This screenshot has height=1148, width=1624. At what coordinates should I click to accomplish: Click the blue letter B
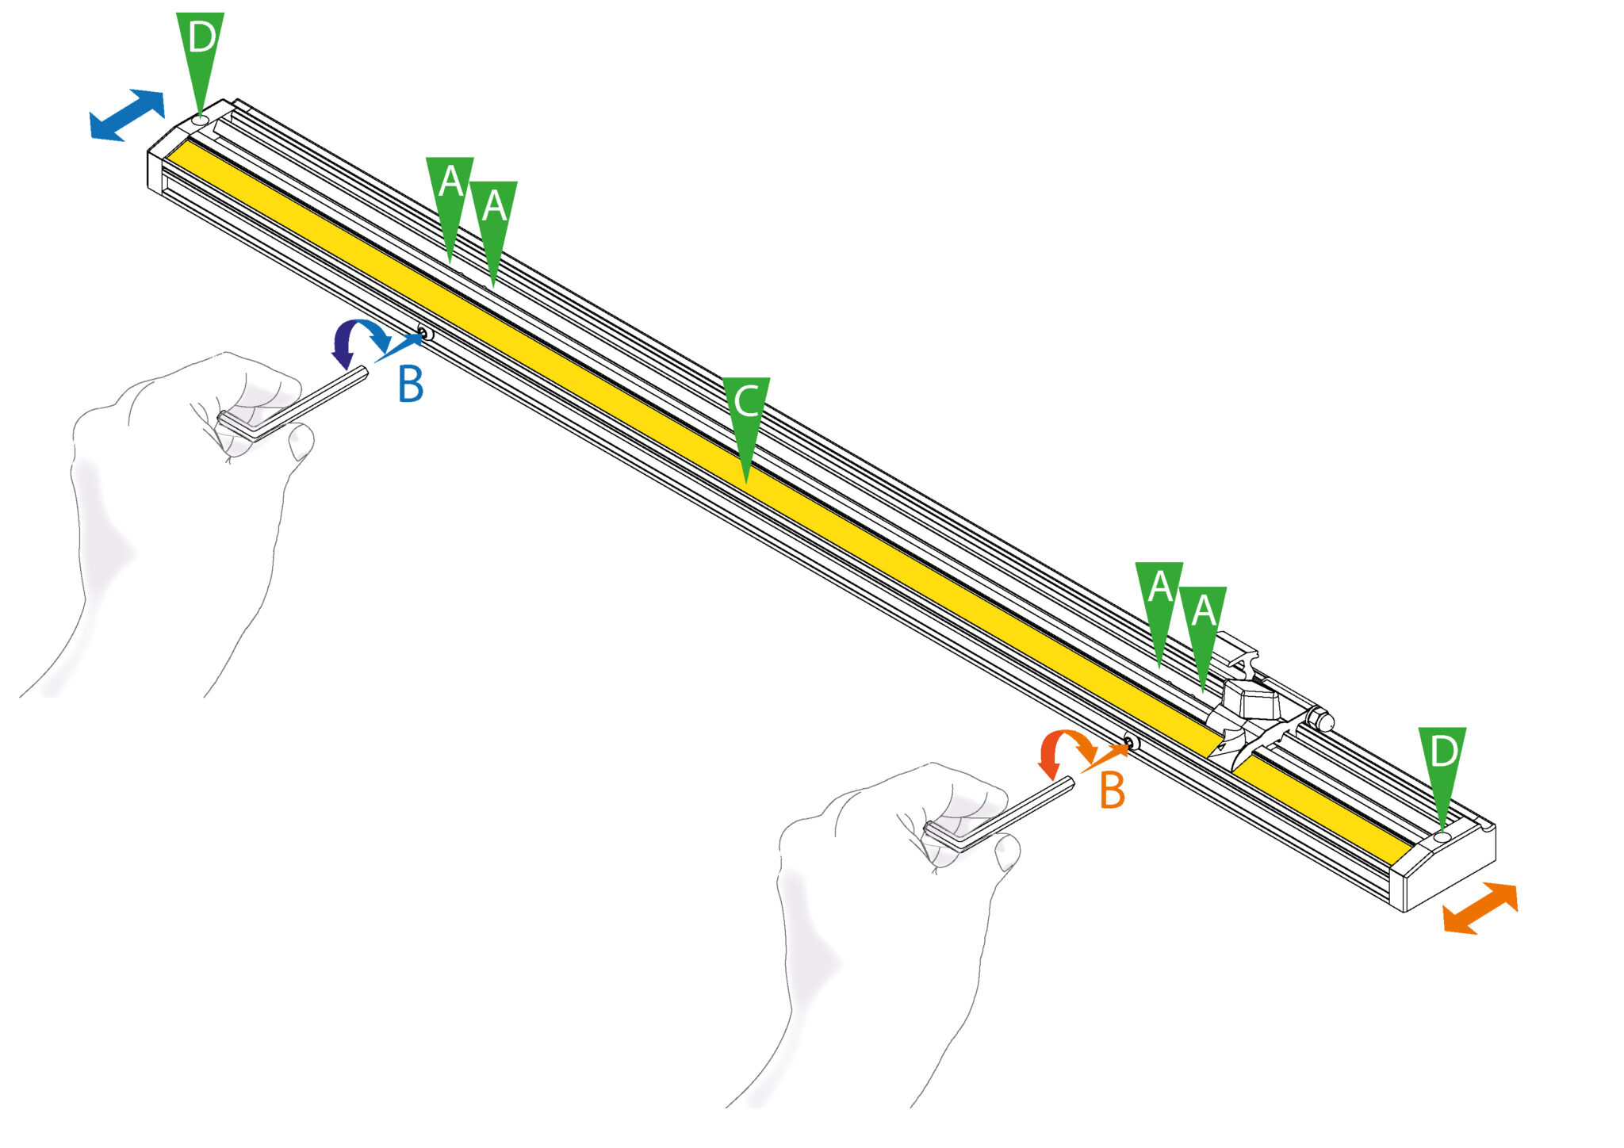point(411,384)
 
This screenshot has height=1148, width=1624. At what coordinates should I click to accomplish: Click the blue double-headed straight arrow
point(127,116)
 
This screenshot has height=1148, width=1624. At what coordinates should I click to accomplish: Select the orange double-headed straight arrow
point(1480,909)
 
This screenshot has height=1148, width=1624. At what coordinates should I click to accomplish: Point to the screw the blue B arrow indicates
point(424,334)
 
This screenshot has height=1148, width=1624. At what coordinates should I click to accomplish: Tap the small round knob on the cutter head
point(1322,721)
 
